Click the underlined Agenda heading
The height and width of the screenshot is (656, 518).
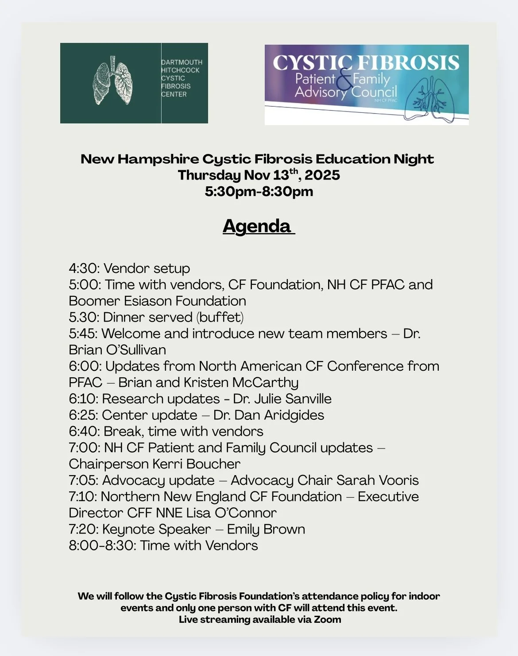[x=258, y=226]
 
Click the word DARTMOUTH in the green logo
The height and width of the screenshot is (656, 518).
[x=182, y=62]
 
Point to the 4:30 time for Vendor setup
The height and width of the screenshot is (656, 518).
[x=84, y=269]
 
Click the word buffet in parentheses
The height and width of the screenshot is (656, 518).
[x=220, y=317]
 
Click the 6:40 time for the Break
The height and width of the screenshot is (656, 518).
[x=84, y=432]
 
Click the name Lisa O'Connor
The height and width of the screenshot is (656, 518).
[x=232, y=513]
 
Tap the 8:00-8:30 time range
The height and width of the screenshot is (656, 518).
[x=102, y=545]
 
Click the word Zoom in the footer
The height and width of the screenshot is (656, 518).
[x=328, y=619]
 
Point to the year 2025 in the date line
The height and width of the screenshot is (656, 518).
[x=322, y=175]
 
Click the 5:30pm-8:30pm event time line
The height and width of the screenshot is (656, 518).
[x=259, y=192]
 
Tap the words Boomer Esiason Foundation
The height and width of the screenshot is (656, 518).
[x=158, y=301]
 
